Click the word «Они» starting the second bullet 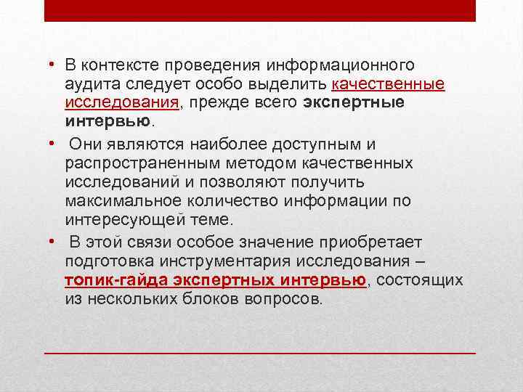tap(84, 146)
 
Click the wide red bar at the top tap(259, 10)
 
